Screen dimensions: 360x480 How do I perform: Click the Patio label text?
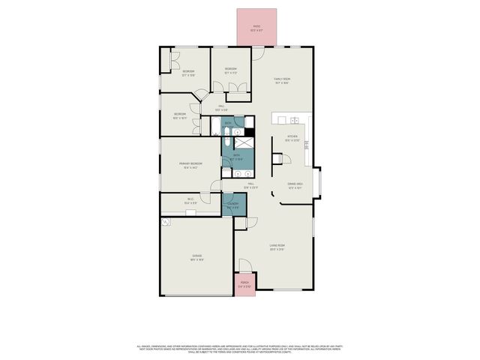256,28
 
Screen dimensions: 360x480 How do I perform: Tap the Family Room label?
282,81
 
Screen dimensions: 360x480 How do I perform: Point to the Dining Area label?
294,185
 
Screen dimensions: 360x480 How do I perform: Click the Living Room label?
277,247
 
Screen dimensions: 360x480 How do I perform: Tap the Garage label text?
196,257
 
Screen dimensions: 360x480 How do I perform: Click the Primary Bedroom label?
190,165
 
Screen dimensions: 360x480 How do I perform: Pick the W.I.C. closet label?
190,201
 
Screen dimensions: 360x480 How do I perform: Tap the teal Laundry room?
233,205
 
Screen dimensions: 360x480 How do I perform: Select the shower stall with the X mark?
244,142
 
